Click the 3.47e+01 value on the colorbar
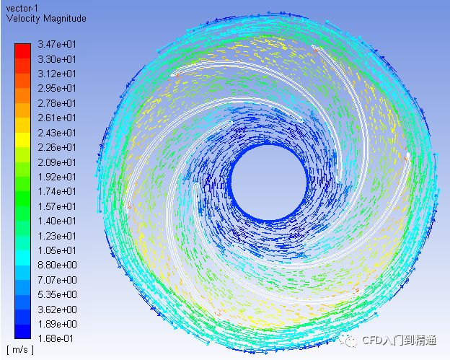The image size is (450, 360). tap(57, 45)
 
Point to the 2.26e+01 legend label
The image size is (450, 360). tap(57, 148)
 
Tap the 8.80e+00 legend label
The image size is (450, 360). tap(57, 265)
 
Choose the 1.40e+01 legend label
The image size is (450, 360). tap(57, 221)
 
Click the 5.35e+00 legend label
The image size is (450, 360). tap(57, 294)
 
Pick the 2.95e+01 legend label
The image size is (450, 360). tap(57, 89)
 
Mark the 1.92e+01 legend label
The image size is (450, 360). tap(57, 177)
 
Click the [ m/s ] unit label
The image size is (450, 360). tap(20, 350)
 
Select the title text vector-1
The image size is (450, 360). tap(22, 9)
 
